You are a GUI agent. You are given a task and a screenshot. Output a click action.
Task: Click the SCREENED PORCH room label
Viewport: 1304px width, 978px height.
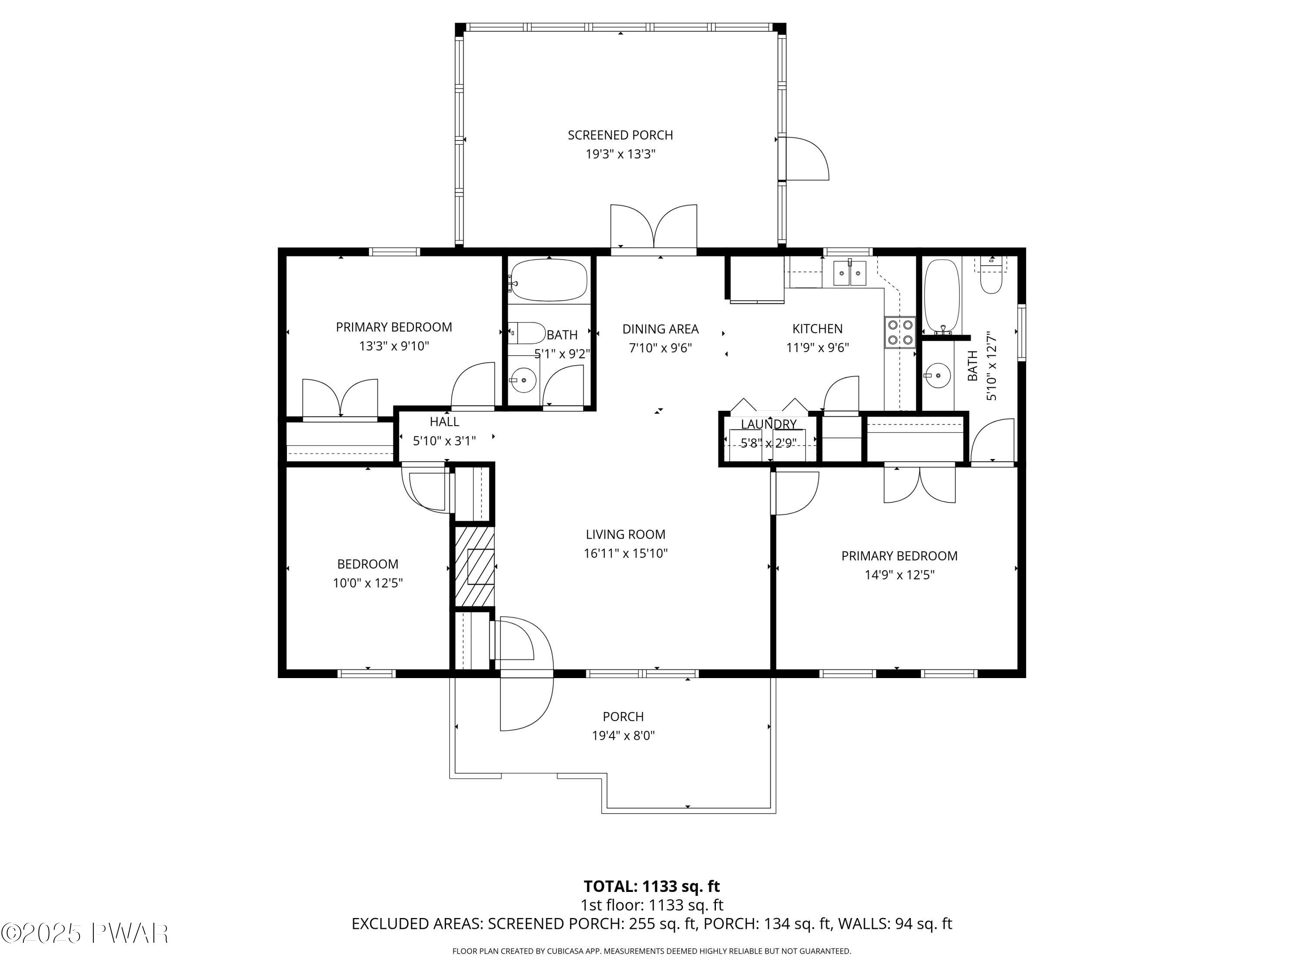[620, 135]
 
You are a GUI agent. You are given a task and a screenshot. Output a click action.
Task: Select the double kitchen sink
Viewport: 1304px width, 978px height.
[849, 273]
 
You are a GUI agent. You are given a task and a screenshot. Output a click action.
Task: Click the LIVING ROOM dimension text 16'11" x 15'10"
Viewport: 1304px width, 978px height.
[625, 553]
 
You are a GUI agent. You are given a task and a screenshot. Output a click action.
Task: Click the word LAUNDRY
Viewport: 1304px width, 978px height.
[769, 424]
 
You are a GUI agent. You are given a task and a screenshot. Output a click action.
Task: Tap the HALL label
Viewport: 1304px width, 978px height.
[445, 422]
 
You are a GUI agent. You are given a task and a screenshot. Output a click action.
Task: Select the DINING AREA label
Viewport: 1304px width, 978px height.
[660, 329]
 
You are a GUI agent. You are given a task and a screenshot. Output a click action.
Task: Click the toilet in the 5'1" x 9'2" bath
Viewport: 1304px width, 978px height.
[526, 333]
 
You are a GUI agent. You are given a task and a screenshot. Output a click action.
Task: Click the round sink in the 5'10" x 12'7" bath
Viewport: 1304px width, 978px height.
[937, 374]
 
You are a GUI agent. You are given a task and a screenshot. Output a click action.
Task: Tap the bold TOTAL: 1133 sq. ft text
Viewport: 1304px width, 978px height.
[652, 886]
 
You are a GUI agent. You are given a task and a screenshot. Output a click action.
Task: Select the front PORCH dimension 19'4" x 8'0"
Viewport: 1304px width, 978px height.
[623, 735]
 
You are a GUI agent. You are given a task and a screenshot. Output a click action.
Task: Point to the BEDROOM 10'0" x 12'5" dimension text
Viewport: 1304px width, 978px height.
[368, 583]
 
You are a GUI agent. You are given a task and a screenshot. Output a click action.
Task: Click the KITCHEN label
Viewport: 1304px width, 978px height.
[817, 329]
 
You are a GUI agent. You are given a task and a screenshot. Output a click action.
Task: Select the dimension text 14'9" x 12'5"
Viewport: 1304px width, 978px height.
[900, 575]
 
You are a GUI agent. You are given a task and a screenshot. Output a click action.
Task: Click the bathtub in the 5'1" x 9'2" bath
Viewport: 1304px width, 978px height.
[549, 280]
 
